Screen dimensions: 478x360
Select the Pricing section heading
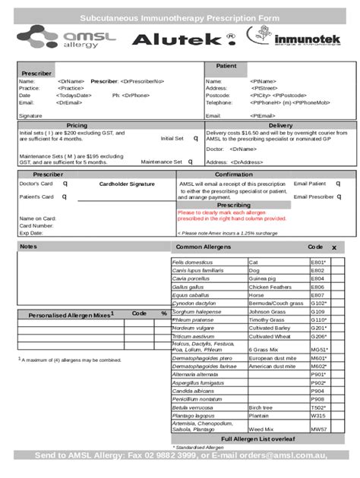point(77,125)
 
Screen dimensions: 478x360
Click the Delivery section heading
point(280,125)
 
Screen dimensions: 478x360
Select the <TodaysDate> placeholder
point(74,95)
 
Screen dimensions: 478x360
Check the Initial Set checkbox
point(195,139)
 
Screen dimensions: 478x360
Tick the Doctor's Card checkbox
point(65,184)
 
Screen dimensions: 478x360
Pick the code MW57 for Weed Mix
point(318,428)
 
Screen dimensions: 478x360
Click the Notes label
point(28,247)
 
